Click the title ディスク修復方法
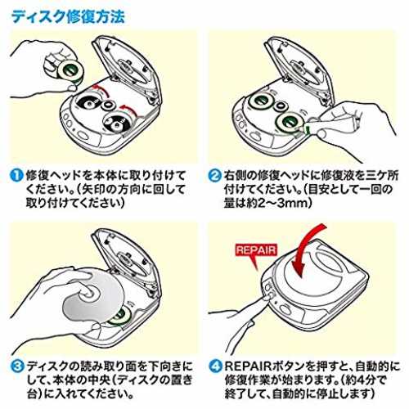coord(68,16)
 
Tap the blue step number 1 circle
coord(16,175)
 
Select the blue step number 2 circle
coord(215,175)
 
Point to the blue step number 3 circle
coord(17,366)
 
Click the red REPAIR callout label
coord(256,251)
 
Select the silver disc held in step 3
coord(92,294)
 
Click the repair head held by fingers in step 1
coord(70,71)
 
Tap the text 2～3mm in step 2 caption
coord(284,203)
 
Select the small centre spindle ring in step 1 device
coord(108,105)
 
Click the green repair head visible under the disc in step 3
coord(118,317)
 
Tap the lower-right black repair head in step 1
coord(118,124)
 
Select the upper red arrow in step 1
coord(100,90)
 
